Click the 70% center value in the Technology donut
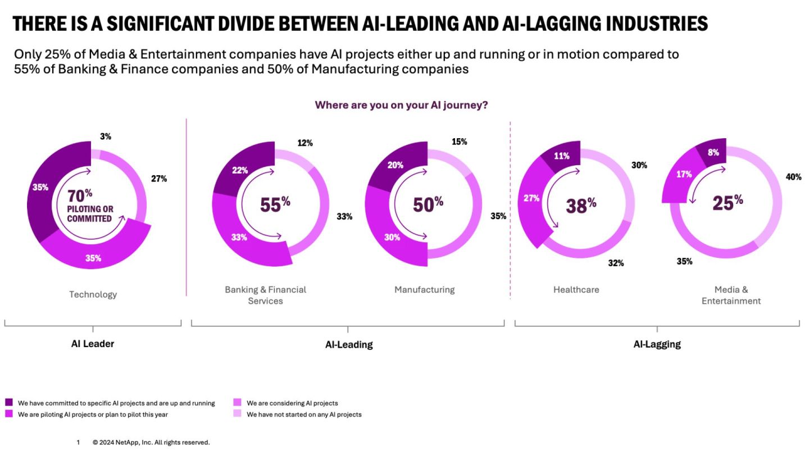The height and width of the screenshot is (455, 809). click(79, 195)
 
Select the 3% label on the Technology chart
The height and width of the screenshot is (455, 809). click(106, 136)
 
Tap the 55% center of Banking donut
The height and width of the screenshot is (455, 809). click(275, 205)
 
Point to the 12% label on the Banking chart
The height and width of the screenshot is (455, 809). click(305, 143)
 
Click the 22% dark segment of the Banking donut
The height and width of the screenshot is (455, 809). click(240, 170)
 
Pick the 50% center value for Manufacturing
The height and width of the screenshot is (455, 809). click(428, 204)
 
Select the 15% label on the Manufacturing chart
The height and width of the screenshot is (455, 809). click(459, 142)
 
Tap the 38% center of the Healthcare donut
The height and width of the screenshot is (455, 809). click(580, 206)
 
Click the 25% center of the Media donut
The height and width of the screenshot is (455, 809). click(727, 202)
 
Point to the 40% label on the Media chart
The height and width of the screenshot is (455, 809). click(793, 177)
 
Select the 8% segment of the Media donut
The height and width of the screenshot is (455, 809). click(713, 152)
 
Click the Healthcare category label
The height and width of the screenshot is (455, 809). click(576, 290)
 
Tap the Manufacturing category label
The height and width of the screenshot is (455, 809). click(424, 290)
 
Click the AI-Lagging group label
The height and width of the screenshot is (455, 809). click(657, 344)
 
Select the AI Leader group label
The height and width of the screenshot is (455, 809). click(93, 344)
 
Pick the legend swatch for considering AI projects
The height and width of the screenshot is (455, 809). click(237, 403)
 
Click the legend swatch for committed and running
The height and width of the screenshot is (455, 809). click(9, 403)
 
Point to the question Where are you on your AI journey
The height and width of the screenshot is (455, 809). click(401, 105)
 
